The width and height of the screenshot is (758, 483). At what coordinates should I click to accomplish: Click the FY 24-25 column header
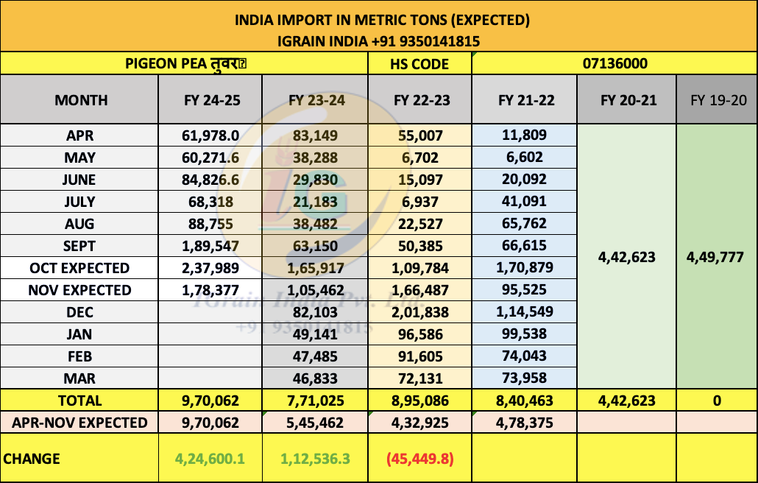(211, 100)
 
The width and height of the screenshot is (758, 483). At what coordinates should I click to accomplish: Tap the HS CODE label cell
(419, 64)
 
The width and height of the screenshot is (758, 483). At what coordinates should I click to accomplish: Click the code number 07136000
(614, 64)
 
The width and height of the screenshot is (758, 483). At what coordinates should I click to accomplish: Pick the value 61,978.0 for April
(211, 135)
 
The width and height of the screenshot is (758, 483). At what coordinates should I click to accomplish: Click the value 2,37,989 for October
(211, 268)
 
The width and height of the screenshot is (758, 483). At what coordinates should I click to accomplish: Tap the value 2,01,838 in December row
(419, 312)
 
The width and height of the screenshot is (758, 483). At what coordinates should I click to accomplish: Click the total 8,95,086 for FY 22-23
(419, 401)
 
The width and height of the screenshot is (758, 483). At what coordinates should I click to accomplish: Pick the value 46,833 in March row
(315, 378)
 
